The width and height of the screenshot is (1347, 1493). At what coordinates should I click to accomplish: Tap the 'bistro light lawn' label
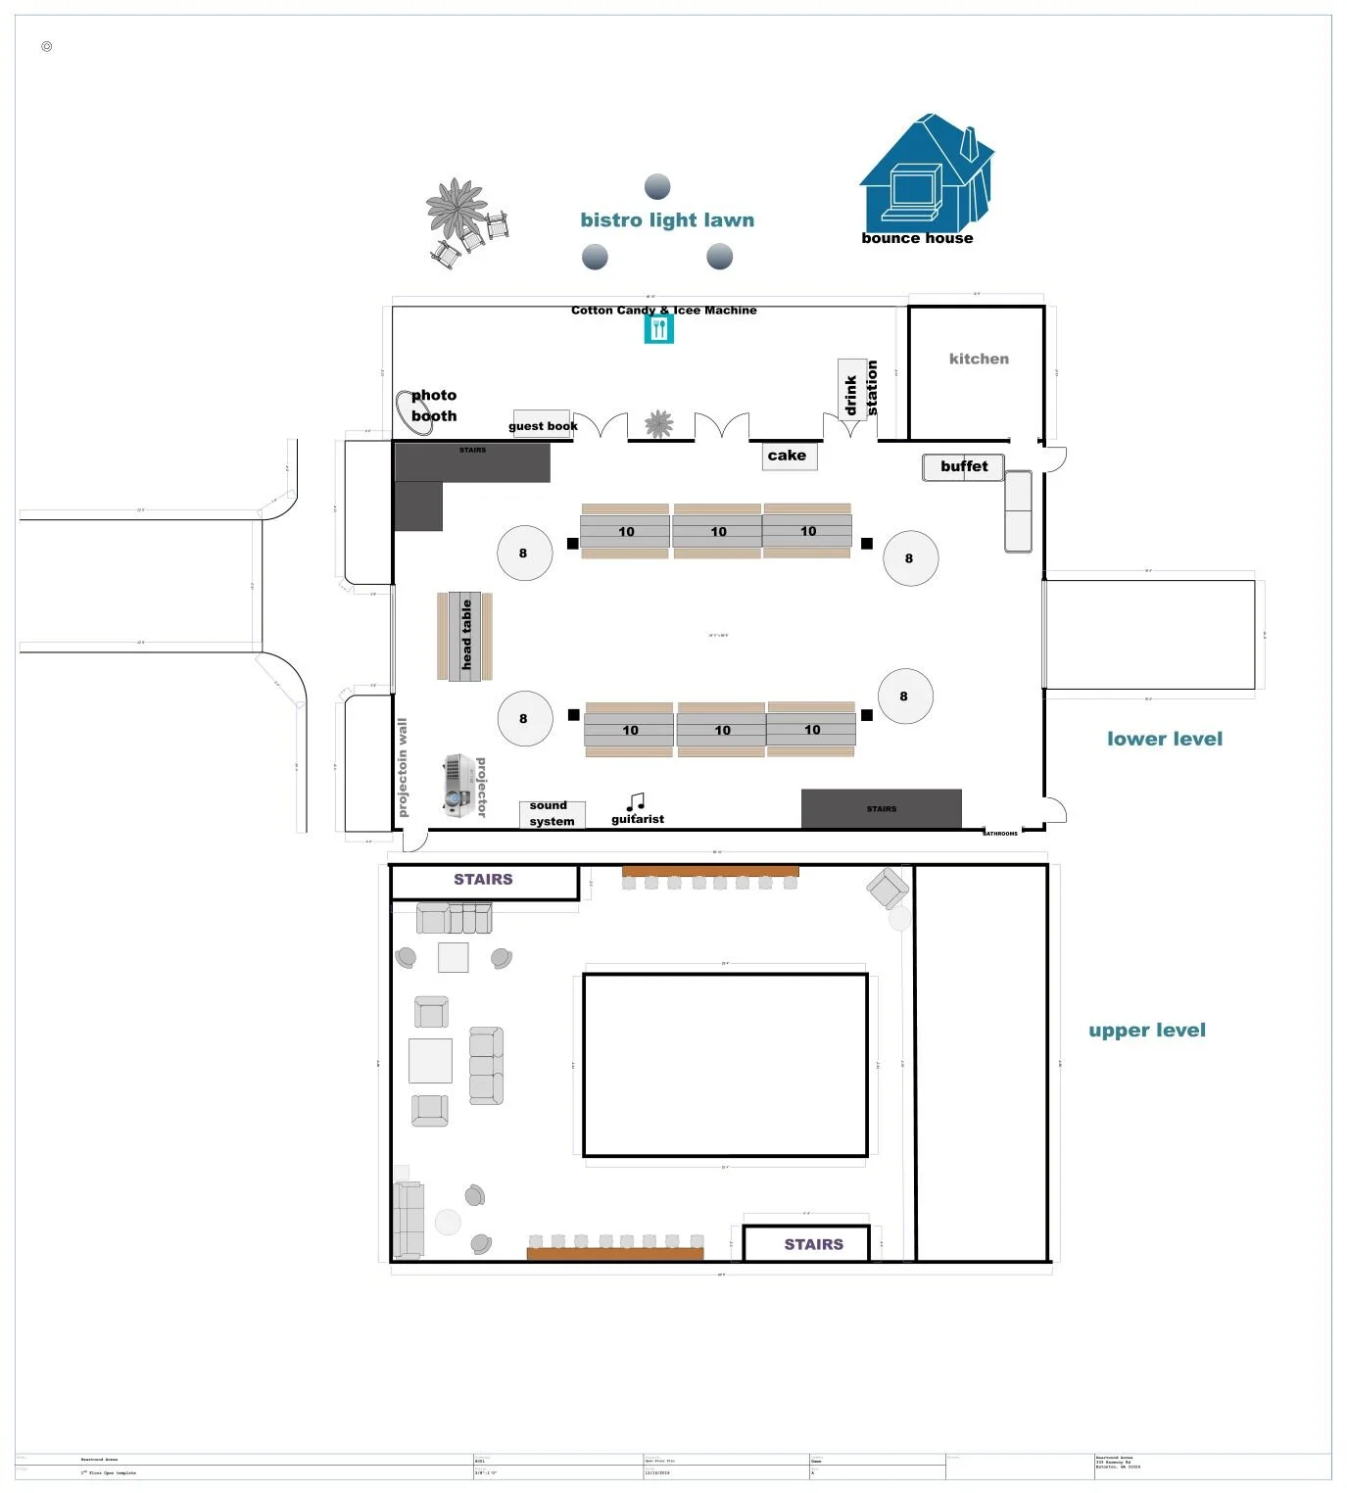[x=667, y=220]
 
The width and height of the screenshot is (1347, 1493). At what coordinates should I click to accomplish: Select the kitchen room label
[x=979, y=360]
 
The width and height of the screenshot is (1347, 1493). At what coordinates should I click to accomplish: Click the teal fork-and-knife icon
[x=659, y=329]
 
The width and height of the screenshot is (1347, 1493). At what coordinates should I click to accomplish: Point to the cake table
[x=789, y=456]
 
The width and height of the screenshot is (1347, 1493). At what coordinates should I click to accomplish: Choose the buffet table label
[x=964, y=466]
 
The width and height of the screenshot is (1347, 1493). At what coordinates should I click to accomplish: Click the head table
[x=465, y=635]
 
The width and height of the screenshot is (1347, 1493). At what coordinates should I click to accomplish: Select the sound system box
[x=552, y=814]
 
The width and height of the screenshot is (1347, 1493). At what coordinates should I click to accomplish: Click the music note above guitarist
[x=636, y=802]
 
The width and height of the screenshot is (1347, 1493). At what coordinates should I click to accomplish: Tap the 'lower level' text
[x=1164, y=740]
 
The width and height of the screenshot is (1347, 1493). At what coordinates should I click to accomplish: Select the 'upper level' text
[x=1146, y=1031]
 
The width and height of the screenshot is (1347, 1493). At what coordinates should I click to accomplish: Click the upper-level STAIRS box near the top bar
[x=484, y=881]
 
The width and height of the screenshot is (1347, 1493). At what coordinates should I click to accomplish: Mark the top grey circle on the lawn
[x=657, y=186]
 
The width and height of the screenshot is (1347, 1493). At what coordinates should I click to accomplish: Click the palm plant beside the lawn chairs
[x=456, y=208]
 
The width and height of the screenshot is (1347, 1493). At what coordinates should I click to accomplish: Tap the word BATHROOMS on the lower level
[x=1000, y=834]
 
